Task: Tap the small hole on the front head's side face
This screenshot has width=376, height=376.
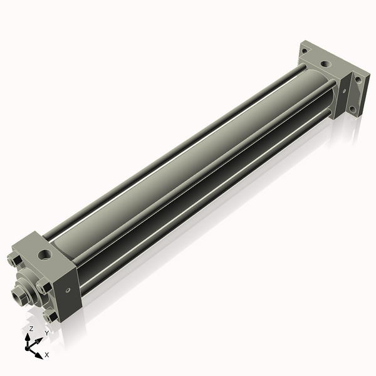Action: pos(68,290)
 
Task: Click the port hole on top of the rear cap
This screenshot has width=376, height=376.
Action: pos(325,64)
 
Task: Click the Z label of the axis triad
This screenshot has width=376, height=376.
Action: pos(31,328)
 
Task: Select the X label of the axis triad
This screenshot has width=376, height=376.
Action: pos(47,355)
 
